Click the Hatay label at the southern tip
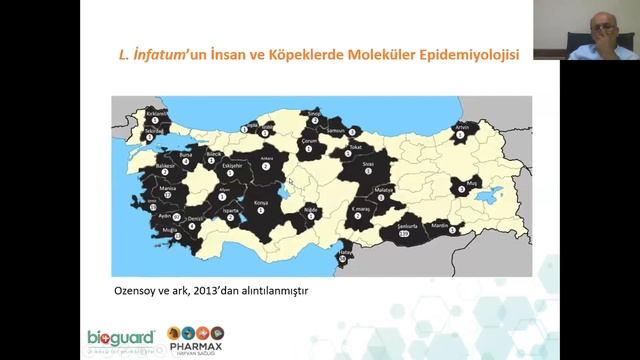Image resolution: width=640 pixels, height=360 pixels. click(345, 253)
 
